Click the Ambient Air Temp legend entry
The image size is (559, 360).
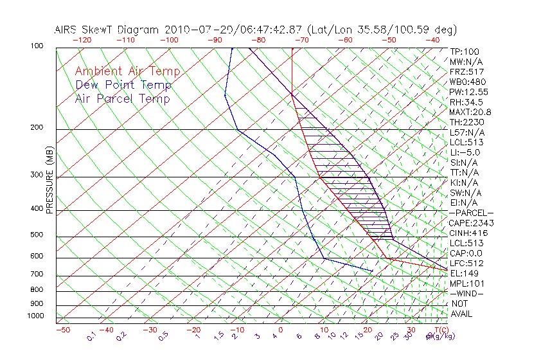click(127, 71)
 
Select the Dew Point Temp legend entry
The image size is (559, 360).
click(123, 85)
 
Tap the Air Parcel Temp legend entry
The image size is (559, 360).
click(122, 98)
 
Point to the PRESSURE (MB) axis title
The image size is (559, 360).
click(49, 179)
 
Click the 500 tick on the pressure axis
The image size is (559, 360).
click(37, 235)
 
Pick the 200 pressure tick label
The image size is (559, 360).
click(37, 128)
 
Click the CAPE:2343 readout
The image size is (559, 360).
click(471, 223)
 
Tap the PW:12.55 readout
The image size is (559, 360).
click(469, 92)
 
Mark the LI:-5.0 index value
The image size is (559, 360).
click(465, 152)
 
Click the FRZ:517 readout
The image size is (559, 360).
click(466, 72)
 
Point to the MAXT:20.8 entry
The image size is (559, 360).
click(471, 112)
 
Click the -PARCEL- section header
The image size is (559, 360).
click(471, 213)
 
